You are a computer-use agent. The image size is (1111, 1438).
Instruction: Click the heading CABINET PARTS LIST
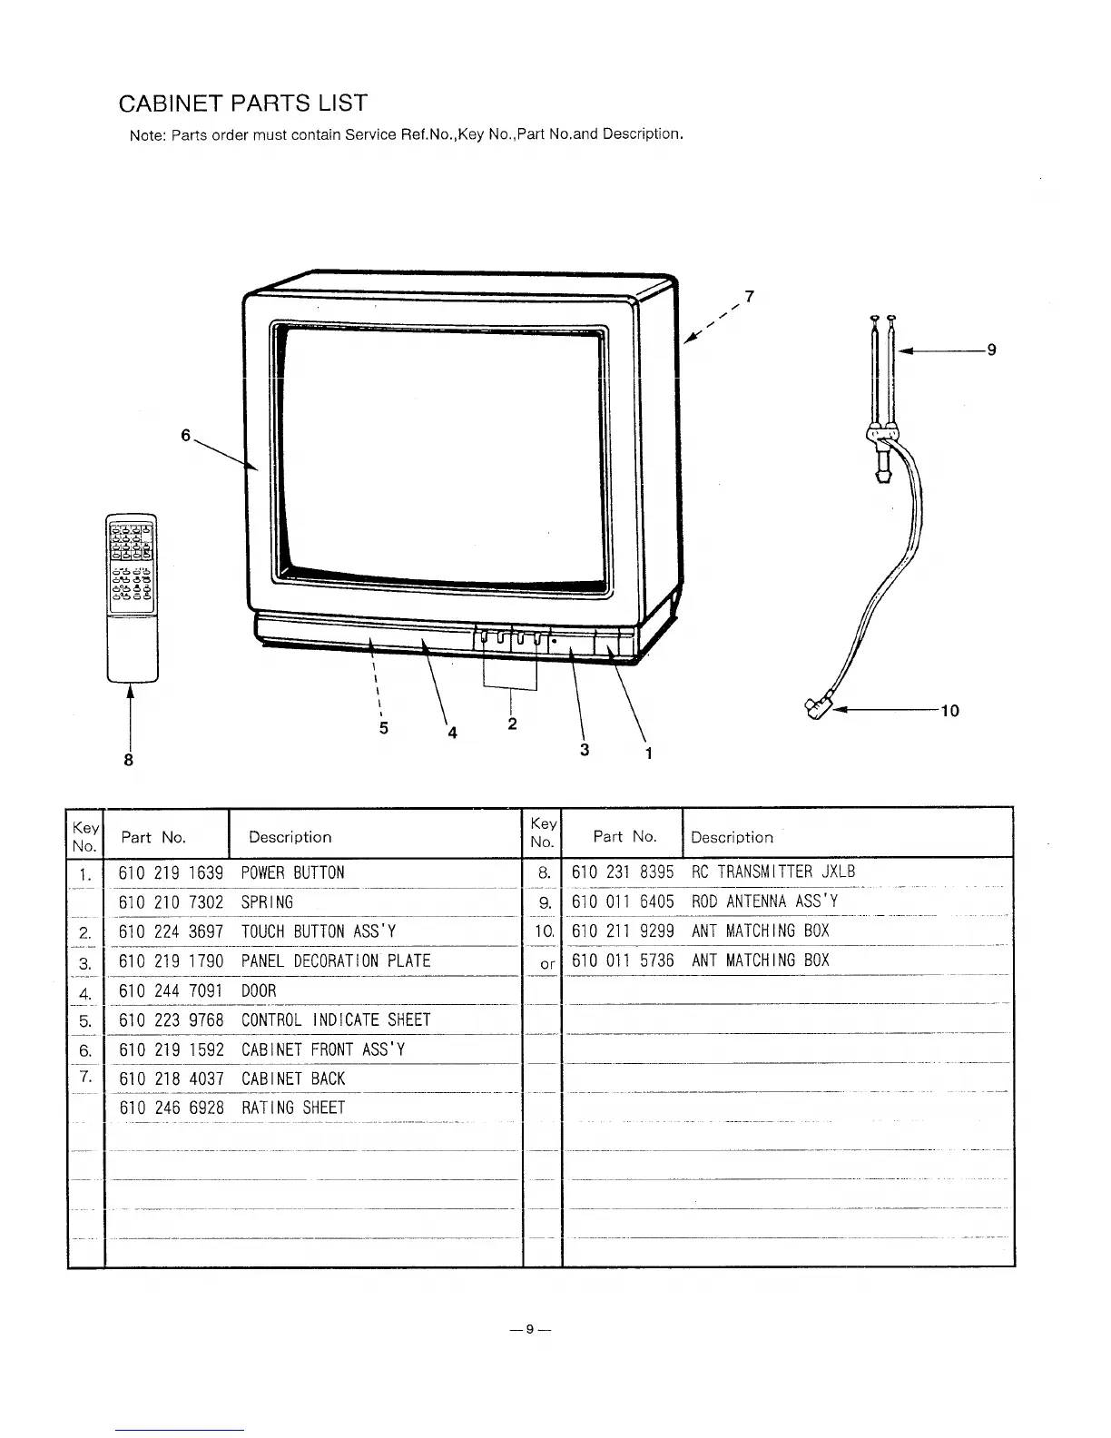[x=242, y=103]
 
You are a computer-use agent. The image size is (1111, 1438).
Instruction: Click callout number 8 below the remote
[x=129, y=759]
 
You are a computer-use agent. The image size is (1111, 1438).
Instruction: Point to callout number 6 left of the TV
[x=185, y=435]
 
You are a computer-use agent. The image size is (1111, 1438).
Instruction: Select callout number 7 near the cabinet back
[x=749, y=295]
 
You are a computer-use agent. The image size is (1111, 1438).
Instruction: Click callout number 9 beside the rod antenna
[x=991, y=350]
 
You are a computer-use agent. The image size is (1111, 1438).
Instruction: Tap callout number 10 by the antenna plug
[x=949, y=710]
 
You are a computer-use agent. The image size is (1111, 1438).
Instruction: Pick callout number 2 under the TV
[x=512, y=724]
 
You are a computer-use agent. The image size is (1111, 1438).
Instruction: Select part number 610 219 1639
[x=171, y=873]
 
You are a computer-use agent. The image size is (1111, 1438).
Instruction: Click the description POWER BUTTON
[x=293, y=873]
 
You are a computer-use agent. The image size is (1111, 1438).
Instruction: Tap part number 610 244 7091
[x=171, y=991]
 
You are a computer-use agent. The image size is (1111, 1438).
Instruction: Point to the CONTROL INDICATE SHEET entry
[x=336, y=1020]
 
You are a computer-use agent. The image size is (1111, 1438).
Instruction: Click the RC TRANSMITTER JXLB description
[x=773, y=872]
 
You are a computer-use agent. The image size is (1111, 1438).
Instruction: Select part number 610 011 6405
[x=623, y=901]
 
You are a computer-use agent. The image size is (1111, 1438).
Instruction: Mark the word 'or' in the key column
[x=546, y=963]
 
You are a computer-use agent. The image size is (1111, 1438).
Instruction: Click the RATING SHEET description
[x=293, y=1108]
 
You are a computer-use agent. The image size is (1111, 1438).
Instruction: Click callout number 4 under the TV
[x=451, y=734]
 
